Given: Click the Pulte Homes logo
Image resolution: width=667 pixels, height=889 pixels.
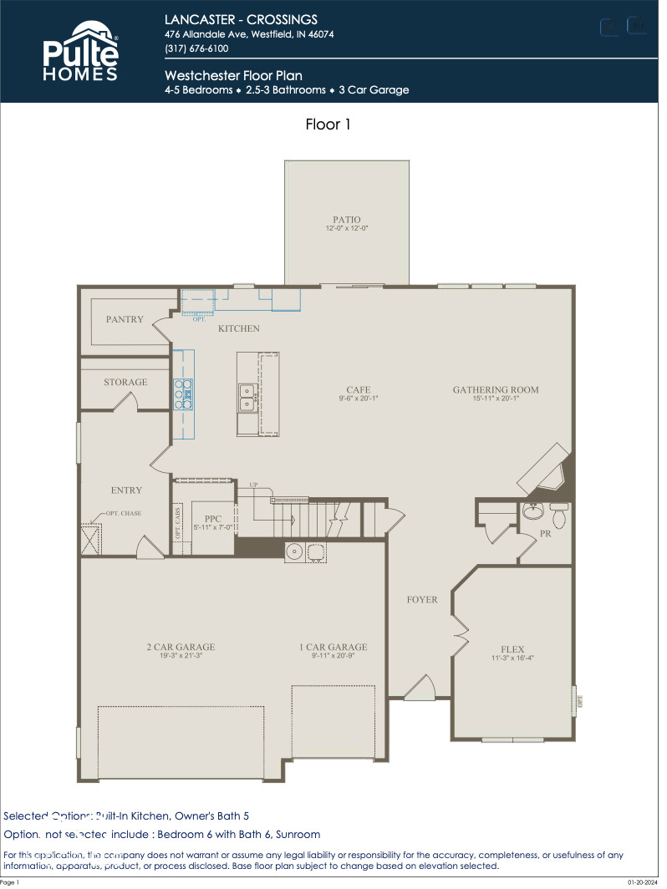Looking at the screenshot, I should (80, 52).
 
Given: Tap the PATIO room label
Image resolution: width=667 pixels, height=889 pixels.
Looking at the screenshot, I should (347, 220).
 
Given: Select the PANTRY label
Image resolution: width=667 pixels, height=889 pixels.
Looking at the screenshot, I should (125, 319).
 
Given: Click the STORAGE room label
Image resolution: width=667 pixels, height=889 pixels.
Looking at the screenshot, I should (125, 382).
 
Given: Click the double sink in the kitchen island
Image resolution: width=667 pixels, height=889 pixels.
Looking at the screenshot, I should (247, 398).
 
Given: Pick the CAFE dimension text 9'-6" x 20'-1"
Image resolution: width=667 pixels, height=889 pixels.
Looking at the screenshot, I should (359, 399).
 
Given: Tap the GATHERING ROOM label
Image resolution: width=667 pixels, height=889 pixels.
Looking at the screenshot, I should (496, 389).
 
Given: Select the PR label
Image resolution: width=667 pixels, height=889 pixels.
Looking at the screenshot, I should (545, 533).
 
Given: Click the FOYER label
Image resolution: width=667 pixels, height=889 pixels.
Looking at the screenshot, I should (422, 599).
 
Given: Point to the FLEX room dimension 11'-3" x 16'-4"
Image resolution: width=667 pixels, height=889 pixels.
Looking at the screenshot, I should (512, 658).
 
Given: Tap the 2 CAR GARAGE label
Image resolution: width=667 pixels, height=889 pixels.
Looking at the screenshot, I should (181, 647).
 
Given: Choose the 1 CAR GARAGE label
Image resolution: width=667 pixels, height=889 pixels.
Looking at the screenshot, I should (333, 647).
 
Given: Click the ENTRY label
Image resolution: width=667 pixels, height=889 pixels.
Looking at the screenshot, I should (126, 490).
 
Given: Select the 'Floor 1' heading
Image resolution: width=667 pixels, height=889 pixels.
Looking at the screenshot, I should (328, 124).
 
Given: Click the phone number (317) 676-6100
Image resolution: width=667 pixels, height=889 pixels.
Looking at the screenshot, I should (196, 48).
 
